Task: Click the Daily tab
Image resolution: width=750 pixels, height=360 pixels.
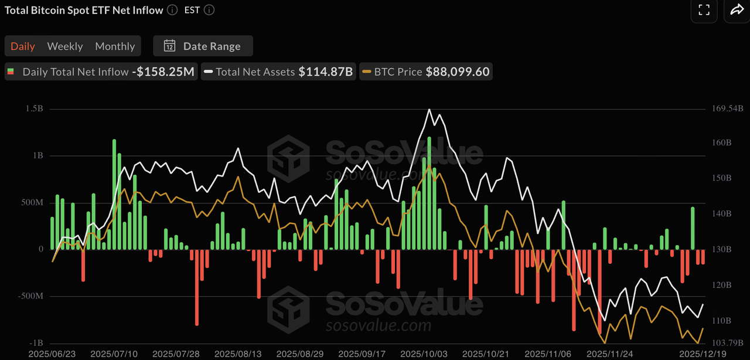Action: [23, 46]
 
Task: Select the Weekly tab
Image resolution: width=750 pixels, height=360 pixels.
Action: [65, 46]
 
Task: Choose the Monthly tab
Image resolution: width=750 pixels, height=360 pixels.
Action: [115, 46]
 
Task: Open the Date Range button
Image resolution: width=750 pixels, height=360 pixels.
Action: [203, 46]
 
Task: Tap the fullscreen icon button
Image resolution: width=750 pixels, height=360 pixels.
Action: [704, 9]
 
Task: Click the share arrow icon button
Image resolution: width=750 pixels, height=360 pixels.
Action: [735, 9]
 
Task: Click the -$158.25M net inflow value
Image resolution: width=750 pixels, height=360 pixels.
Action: [163, 72]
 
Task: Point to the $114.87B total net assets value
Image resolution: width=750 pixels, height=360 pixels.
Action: [325, 72]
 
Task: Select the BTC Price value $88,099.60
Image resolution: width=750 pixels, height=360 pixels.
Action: [458, 72]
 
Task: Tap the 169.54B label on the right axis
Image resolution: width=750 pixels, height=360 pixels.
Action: [728, 109]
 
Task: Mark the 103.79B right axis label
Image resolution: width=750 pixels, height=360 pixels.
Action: [728, 342]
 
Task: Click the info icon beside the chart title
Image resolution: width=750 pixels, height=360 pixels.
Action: [172, 10]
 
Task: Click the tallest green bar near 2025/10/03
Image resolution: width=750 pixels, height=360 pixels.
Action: [429, 193]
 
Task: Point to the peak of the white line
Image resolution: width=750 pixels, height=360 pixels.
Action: [429, 110]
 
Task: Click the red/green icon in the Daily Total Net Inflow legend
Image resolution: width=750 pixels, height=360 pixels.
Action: [11, 72]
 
